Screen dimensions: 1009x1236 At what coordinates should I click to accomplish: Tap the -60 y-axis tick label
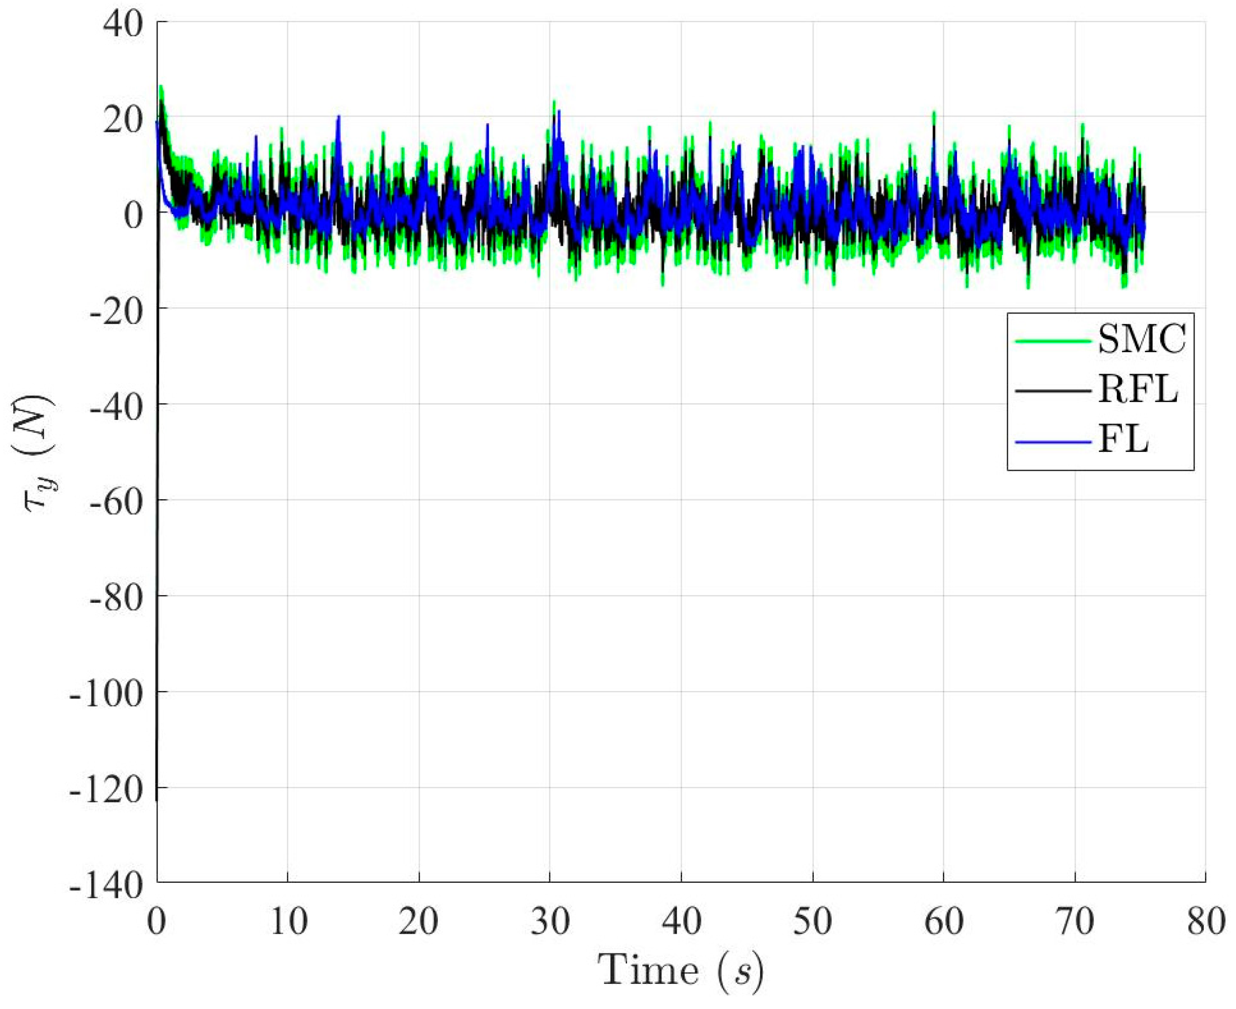(x=116, y=503)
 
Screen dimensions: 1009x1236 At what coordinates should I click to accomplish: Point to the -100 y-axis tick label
(x=106, y=695)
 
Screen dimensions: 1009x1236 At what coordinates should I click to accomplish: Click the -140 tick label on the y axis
(x=106, y=885)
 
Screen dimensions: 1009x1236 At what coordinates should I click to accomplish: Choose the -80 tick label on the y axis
(x=116, y=599)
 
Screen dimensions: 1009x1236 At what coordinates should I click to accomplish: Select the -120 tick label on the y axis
(x=106, y=790)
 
